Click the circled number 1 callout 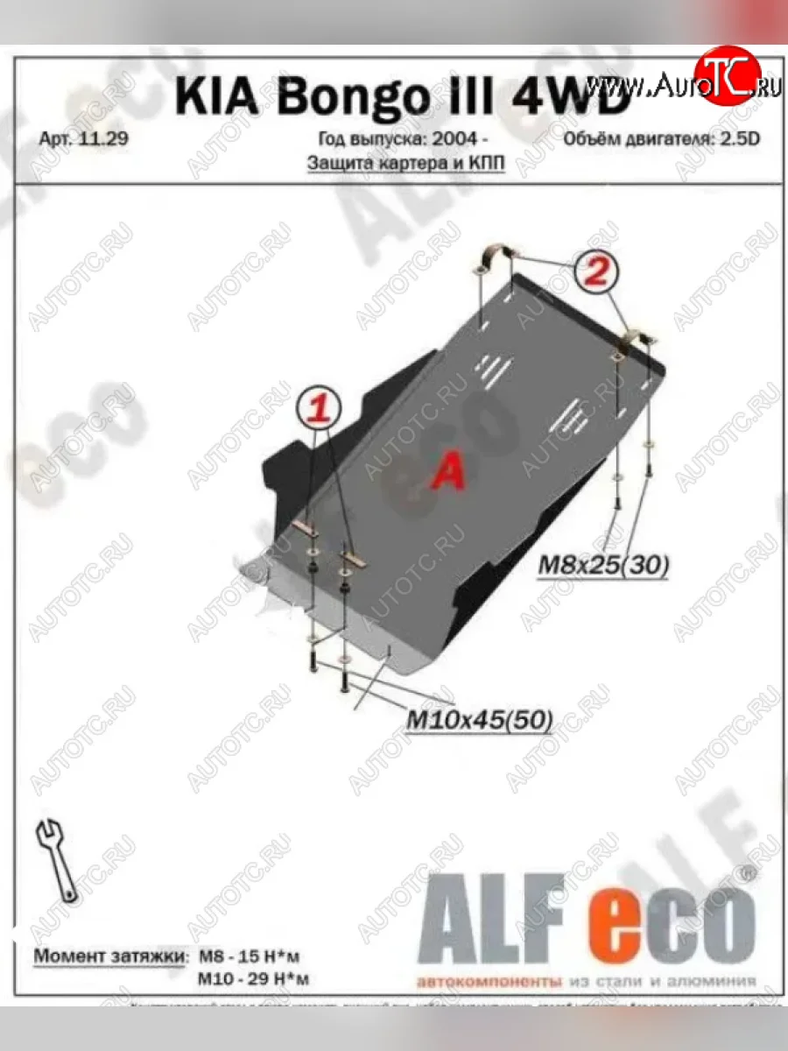[321, 407]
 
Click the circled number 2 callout [597, 272]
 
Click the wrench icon [57, 859]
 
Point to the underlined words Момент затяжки [109, 956]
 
